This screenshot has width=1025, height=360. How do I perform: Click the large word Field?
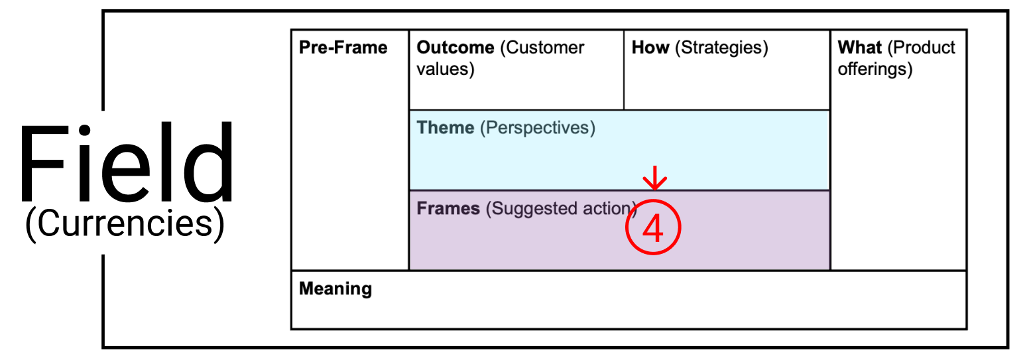(127, 162)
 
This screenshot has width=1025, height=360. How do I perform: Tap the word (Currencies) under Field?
(125, 224)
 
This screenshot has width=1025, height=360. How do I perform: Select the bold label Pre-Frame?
(343, 48)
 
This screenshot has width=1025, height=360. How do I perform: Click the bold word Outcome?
(455, 48)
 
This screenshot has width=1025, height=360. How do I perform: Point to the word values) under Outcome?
(446, 70)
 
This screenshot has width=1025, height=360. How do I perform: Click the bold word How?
(650, 48)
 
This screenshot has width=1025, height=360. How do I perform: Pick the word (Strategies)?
(721, 48)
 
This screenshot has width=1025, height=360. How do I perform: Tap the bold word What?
(859, 48)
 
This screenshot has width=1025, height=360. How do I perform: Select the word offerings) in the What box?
(875, 70)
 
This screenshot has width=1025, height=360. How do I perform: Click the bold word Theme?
(446, 127)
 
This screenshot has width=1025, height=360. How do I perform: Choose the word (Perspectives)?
(538, 128)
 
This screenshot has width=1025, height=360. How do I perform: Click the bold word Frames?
(448, 209)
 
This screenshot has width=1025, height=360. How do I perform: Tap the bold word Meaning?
(335, 289)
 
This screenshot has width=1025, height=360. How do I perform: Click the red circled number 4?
(653, 227)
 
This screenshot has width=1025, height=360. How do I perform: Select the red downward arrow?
(655, 178)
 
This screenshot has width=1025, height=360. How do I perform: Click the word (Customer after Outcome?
(542, 48)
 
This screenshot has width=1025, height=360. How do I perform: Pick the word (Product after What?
(921, 48)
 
